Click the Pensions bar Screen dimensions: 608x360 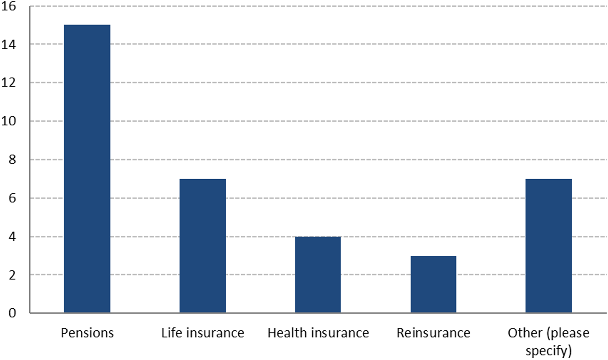(87, 169)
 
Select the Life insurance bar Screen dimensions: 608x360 (203, 246)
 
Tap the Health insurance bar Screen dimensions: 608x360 (318, 275)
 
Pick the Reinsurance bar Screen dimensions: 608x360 (433, 284)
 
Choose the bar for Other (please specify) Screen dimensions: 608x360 (549, 246)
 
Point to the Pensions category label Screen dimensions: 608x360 (87, 333)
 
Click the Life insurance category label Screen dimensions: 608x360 (203, 333)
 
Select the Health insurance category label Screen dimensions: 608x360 (318, 333)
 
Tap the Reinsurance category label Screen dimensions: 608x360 (433, 333)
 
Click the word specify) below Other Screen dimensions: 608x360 (549, 351)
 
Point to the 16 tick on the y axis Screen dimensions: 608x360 (8, 6)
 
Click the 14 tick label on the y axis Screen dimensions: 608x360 (8, 45)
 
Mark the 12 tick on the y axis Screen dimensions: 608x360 (8, 83)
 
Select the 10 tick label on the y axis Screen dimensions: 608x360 (8, 121)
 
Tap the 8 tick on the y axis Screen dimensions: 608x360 (12, 160)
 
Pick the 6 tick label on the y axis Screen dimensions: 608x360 (12, 198)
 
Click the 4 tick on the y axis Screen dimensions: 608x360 (12, 237)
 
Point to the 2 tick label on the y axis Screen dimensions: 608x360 (12, 275)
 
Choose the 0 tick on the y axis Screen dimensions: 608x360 (12, 313)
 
